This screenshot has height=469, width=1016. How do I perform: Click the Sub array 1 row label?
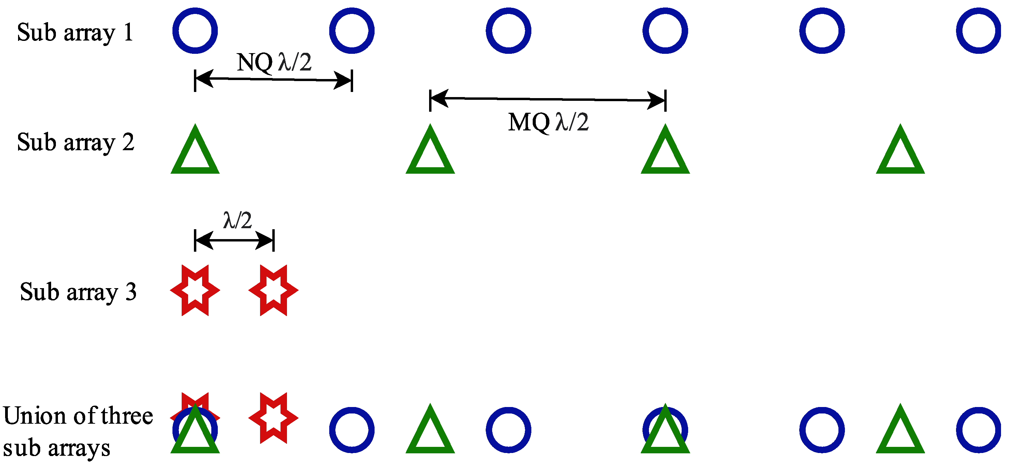tap(75, 32)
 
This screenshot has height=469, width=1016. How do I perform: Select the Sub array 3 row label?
tap(78, 292)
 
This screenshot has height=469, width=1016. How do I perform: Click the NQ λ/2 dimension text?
tap(274, 62)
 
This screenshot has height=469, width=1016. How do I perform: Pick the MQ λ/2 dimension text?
tap(548, 122)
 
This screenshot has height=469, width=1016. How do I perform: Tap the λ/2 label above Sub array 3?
tap(238, 220)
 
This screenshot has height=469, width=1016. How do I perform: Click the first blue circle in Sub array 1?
tap(195, 31)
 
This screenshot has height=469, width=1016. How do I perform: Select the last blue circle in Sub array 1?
tap(978, 31)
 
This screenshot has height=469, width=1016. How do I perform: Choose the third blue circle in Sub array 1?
tap(509, 31)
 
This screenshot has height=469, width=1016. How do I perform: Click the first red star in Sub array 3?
tap(195, 290)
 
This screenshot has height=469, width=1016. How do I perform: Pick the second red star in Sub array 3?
tap(273, 290)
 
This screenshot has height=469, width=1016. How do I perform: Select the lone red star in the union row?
tap(273, 418)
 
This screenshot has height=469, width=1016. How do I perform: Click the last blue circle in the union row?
tap(978, 430)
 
